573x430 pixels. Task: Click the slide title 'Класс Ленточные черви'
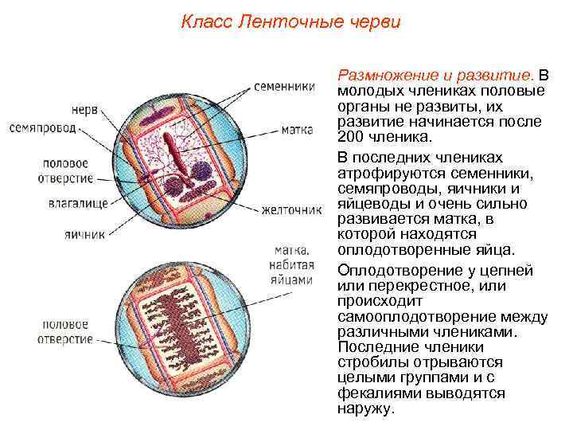[290, 21]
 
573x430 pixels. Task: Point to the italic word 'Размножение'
[382, 76]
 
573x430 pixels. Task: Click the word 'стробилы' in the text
[369, 362]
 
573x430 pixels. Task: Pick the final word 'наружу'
[366, 408]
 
